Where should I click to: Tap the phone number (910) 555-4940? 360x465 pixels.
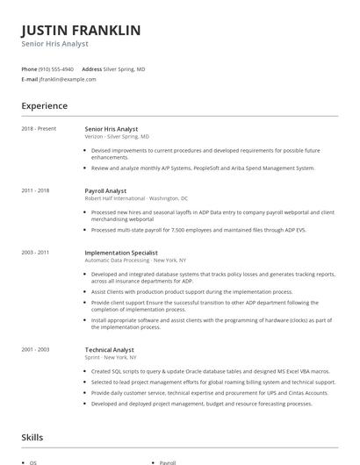[x=57, y=68]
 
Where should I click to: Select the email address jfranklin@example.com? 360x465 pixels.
[x=68, y=79]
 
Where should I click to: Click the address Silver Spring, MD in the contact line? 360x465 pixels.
[x=125, y=68]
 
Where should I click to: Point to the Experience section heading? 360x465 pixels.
[x=44, y=106]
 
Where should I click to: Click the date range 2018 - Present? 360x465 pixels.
[x=39, y=129]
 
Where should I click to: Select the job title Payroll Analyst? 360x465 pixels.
[x=105, y=190]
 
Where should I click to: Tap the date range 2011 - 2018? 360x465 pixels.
[x=35, y=190]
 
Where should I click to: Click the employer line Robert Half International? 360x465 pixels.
[x=136, y=198]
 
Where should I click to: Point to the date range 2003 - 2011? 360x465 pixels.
[x=35, y=253]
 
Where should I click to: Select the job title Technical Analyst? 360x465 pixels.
[x=110, y=349]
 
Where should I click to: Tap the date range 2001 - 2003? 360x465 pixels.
[x=35, y=349]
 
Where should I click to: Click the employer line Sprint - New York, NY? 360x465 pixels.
[x=111, y=357]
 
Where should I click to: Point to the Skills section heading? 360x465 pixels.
[x=32, y=437]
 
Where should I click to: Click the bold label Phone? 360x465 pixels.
[x=29, y=68]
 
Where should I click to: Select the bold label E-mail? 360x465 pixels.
[x=30, y=79]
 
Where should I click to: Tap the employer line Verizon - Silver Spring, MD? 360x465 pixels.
[x=117, y=137]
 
